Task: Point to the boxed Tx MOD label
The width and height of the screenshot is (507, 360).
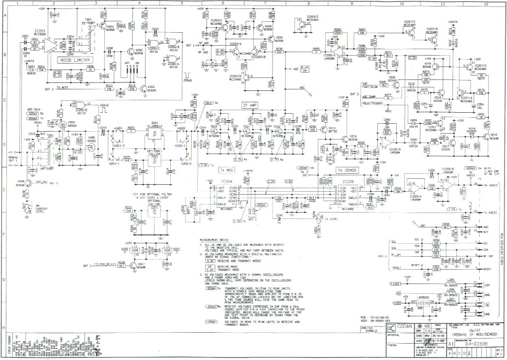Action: click(x=226, y=169)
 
